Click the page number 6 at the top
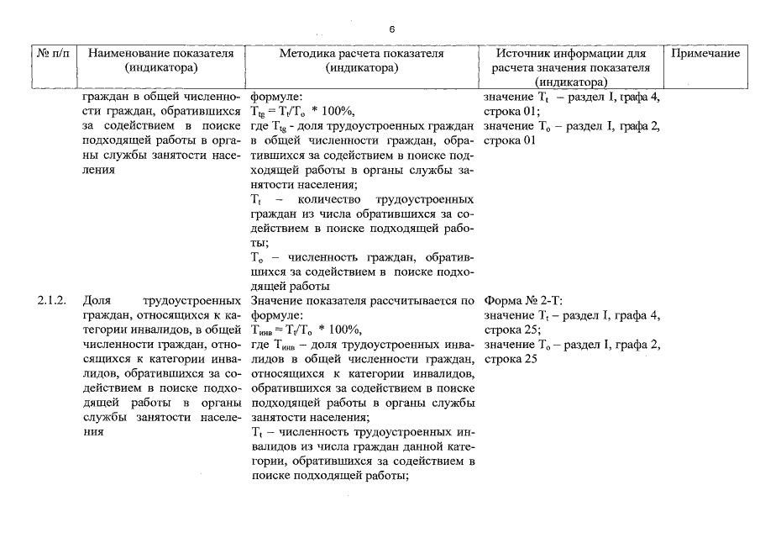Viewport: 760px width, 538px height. point(391,29)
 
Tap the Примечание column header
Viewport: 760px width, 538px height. point(706,54)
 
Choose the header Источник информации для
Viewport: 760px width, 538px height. point(574,54)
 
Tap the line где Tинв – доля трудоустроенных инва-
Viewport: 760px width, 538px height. point(363,344)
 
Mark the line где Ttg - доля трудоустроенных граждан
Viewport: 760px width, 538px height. point(363,125)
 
